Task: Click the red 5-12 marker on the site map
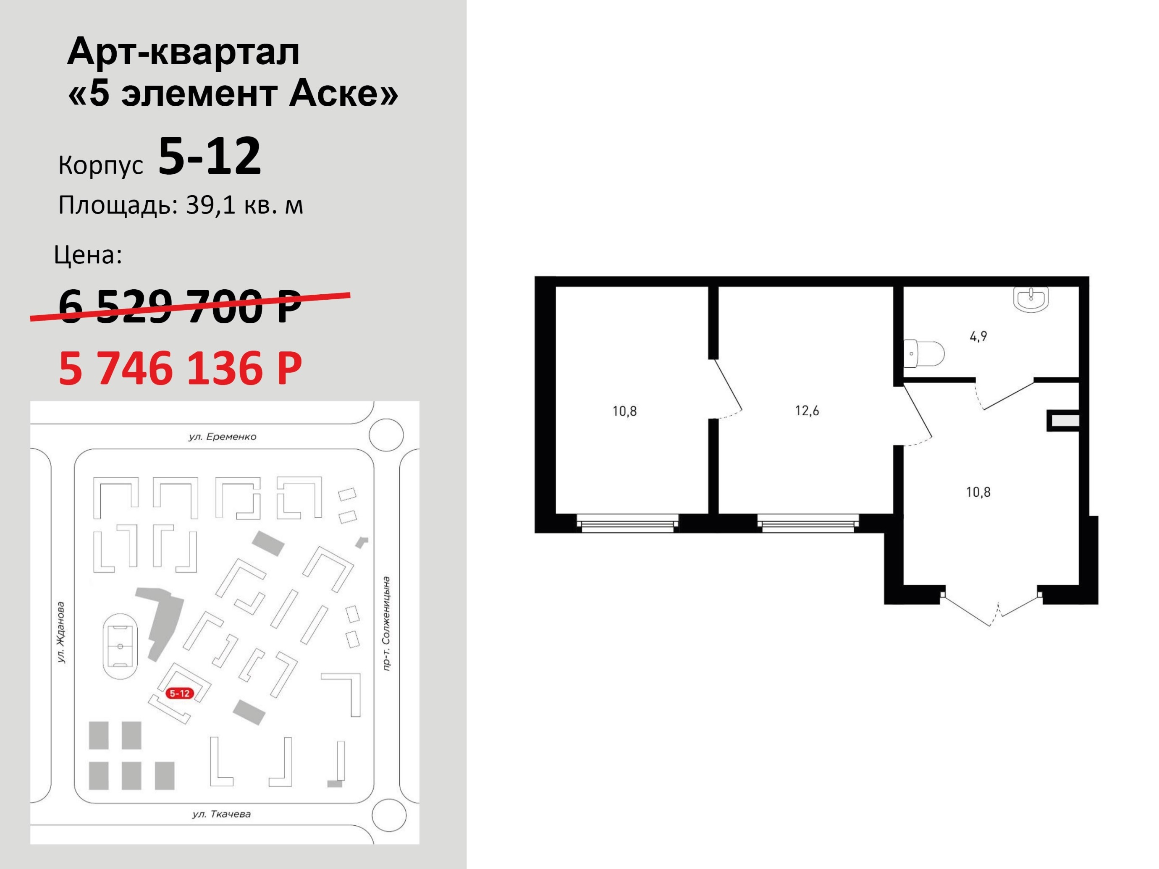180,693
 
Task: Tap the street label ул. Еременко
222,436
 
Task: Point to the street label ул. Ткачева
221,814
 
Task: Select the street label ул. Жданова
61,632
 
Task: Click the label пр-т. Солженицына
386,623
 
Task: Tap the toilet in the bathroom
924,353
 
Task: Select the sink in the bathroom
1031,299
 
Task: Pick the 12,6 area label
807,411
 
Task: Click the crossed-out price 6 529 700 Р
180,306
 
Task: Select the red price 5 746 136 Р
180,368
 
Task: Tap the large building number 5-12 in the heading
210,156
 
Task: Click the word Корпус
101,165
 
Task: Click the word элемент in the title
199,94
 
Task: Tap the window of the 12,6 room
808,523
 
